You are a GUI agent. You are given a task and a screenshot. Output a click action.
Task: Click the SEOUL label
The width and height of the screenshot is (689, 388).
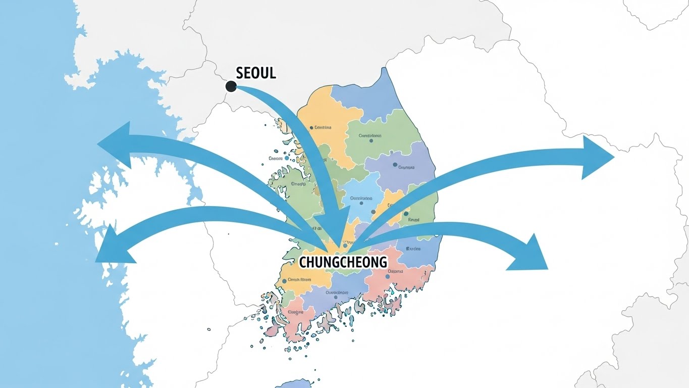tap(256, 73)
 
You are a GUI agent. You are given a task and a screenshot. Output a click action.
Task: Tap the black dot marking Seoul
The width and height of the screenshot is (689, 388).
tap(231, 86)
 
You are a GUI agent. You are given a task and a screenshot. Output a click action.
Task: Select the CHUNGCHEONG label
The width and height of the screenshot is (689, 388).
tap(343, 262)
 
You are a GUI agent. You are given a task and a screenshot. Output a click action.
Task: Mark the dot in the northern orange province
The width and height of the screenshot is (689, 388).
tap(311, 128)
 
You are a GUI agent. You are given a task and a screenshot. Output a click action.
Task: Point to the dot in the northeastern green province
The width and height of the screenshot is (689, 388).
tap(371, 140)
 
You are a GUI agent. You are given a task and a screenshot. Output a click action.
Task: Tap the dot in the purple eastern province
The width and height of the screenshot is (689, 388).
tap(395, 165)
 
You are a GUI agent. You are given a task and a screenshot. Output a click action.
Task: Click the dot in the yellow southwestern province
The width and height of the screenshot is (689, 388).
tap(285, 281)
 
